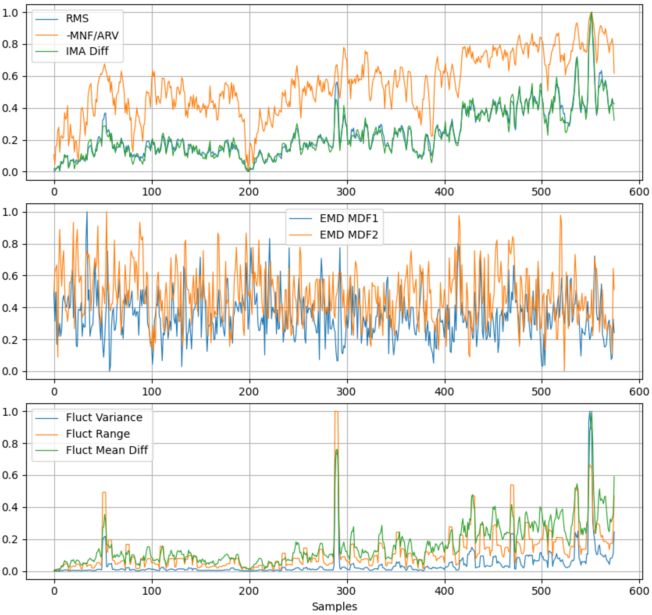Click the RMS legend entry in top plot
77,19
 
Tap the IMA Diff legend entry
87,51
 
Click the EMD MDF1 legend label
349,218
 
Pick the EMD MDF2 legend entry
349,235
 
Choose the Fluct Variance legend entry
104,417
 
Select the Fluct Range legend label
98,434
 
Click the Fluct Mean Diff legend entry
107,450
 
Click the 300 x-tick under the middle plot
346,392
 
